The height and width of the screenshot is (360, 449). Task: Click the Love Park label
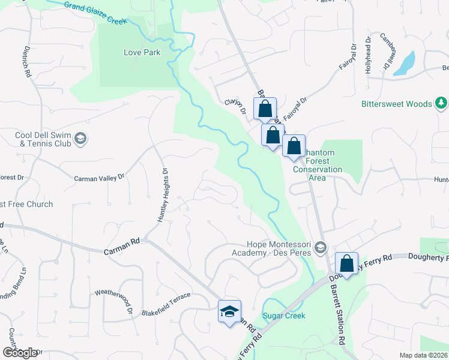click(142, 52)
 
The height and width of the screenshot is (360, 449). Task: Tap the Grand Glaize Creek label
click(96, 13)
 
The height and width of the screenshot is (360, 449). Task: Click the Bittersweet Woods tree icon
click(441, 104)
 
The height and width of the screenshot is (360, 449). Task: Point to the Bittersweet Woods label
click(396, 104)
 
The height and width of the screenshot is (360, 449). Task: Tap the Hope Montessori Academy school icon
click(321, 248)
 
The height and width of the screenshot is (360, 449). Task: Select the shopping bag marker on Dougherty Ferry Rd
click(347, 263)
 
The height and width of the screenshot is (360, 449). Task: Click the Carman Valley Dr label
click(98, 178)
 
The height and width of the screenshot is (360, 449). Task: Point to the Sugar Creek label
click(284, 316)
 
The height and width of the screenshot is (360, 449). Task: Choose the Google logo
click(20, 353)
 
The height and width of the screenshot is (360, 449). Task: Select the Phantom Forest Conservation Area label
click(318, 166)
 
